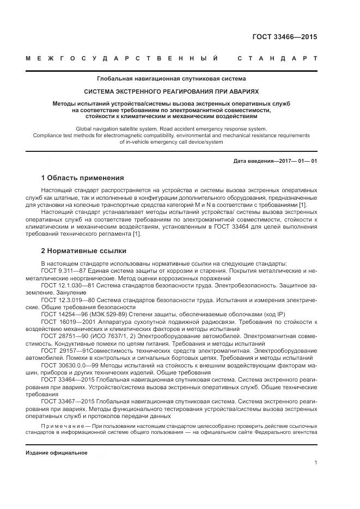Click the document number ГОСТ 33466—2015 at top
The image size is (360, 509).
click(x=284, y=38)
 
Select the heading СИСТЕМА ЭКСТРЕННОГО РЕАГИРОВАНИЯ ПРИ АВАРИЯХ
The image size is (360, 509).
click(x=171, y=91)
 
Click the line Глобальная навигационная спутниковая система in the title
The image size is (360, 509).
click(x=171, y=78)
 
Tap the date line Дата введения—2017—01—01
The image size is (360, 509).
click(x=274, y=161)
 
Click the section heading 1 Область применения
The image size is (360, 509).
click(x=82, y=178)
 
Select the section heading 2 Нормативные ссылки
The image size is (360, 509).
click(x=84, y=251)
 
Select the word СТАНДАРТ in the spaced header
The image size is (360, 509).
click(x=277, y=58)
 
